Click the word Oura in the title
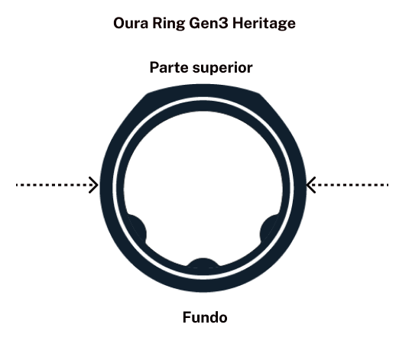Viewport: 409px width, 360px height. [131, 23]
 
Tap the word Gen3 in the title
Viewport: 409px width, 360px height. [209, 23]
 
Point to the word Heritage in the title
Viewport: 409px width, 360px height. [264, 24]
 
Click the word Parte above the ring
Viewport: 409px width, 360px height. [169, 67]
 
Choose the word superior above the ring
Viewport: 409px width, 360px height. [222, 68]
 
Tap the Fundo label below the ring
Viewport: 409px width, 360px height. [205, 317]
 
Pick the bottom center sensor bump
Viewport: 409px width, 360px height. [203, 263]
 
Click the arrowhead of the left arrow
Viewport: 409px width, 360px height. [93, 185]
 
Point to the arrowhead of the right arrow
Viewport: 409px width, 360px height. [311, 185]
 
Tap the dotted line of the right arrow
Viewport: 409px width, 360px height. [349, 185]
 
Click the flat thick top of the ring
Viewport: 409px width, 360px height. [203, 90]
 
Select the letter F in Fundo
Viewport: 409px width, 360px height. [187, 317]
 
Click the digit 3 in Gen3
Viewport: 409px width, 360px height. [224, 23]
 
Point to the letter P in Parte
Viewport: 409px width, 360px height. [154, 67]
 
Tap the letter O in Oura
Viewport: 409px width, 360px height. [119, 23]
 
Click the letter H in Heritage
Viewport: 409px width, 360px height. [238, 23]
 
